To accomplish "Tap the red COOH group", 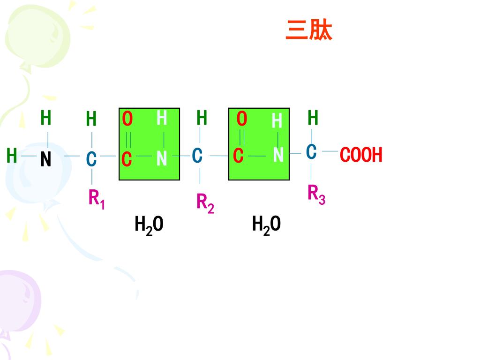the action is coord(361,155).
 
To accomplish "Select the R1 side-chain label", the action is coord(97,199).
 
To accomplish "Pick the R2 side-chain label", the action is coord(205,203).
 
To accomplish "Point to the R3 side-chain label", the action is coord(316,195).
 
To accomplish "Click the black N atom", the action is coord(45,160).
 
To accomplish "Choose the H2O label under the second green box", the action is coord(266,225).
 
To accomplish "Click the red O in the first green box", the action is coord(127,119).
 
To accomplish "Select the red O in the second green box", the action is coord(241,119).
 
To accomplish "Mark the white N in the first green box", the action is coord(162,159).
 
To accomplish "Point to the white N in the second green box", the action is coord(278,155).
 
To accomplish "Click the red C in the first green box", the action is coord(127,159).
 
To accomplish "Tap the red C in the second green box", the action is coord(239,156).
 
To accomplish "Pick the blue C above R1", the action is coord(91,159).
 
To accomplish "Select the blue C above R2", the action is coord(197,156).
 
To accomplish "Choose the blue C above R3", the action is coord(311,152).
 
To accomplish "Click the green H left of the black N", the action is coord(12,155).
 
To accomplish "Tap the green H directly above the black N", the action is coord(45,118).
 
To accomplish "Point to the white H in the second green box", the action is coord(277,121).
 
